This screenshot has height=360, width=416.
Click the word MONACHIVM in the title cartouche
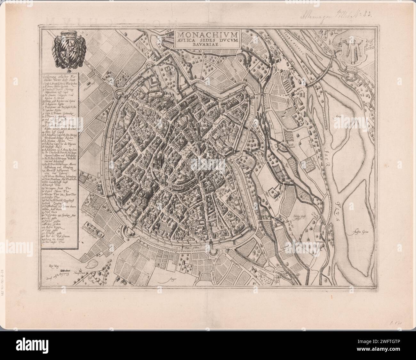click(205, 34)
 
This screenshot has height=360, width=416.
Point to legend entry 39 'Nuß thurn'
click(52, 212)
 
